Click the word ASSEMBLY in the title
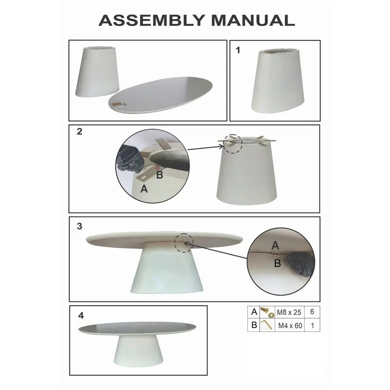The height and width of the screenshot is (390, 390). [x=152, y=20]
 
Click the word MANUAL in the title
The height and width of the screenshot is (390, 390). [x=253, y=20]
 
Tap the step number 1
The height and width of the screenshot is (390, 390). [x=238, y=50]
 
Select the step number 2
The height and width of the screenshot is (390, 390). [x=80, y=131]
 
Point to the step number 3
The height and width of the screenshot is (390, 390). [x=80, y=226]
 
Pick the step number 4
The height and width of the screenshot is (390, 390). [x=81, y=315]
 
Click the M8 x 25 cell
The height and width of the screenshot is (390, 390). [x=289, y=312]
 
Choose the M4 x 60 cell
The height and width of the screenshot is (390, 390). [x=290, y=325]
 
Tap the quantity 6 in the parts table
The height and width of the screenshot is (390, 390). [x=312, y=312]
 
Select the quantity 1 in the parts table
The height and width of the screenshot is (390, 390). [x=313, y=325]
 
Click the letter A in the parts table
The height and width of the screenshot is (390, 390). [x=254, y=312]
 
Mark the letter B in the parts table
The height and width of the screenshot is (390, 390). [x=254, y=325]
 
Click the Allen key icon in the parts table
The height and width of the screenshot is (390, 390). [x=266, y=325]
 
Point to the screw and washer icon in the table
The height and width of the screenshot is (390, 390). [x=267, y=312]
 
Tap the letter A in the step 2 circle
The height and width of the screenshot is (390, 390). [x=144, y=189]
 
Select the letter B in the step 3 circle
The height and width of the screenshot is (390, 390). [x=277, y=263]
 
